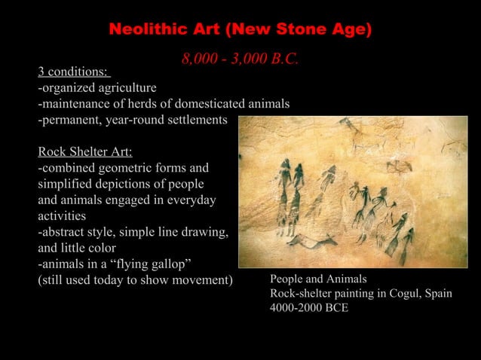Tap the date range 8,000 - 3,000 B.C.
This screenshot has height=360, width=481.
pos(240,59)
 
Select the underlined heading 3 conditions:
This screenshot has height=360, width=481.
pos(74,72)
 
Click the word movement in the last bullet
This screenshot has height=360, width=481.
pos(200,281)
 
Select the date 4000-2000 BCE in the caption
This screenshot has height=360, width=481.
pos(309,309)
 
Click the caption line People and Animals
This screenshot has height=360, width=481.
pos(318,279)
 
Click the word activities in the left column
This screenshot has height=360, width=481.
pos(64,216)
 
